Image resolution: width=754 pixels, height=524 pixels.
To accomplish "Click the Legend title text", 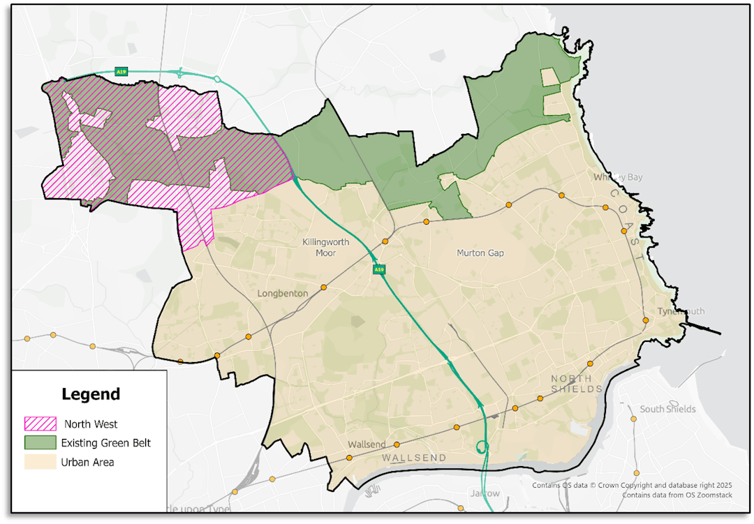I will [x=91, y=394].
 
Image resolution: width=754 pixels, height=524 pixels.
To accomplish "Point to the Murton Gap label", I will [x=480, y=253].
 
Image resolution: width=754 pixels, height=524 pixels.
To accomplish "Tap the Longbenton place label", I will [x=282, y=294].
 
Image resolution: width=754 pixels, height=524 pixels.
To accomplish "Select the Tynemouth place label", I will [x=681, y=311].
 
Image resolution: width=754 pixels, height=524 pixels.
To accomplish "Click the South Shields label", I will [x=667, y=409].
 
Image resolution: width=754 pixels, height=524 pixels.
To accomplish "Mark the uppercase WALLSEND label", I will [x=414, y=458].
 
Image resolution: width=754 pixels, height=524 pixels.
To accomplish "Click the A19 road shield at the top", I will [x=121, y=71].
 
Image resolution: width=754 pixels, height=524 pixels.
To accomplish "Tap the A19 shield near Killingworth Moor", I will [x=378, y=269].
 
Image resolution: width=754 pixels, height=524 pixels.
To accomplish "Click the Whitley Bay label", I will [x=618, y=177].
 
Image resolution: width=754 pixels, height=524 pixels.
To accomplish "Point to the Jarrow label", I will [x=485, y=493].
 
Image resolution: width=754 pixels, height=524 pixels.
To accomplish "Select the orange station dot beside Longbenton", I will [x=323, y=287].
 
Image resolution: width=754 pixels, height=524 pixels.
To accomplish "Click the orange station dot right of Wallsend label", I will [x=397, y=444].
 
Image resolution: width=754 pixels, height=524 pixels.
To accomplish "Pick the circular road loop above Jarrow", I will [x=482, y=447].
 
